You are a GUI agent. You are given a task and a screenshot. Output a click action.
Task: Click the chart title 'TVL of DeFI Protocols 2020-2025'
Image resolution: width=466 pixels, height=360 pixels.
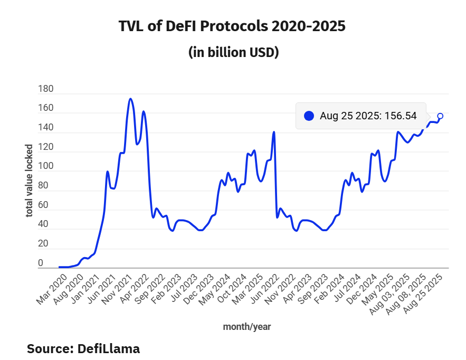233,26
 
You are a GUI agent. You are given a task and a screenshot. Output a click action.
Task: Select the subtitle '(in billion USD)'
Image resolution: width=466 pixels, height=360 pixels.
233,53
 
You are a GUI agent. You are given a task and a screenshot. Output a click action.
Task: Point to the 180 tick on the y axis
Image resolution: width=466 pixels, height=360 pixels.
46,89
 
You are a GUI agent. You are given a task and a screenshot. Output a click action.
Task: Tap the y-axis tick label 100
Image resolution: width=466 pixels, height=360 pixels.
46,166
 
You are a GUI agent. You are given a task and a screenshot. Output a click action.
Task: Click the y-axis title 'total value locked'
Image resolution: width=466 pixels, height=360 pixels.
30,180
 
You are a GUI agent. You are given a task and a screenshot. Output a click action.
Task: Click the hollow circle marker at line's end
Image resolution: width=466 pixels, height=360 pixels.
440,116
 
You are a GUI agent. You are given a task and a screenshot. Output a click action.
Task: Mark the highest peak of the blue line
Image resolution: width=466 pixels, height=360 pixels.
130,99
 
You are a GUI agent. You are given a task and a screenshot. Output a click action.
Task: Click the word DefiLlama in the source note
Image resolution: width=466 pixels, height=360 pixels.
109,348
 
